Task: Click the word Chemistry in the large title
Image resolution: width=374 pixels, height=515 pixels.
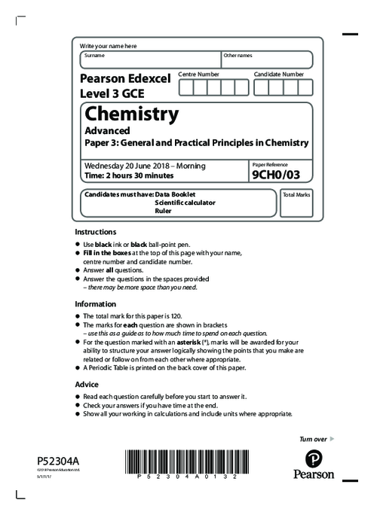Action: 132,114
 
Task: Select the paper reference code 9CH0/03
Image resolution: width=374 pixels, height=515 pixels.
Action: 271,175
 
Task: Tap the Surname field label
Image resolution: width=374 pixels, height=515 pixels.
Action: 95,55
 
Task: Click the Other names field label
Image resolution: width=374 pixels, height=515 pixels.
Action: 238,55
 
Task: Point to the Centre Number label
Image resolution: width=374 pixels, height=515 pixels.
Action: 199,75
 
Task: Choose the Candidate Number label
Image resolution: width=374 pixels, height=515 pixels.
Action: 279,75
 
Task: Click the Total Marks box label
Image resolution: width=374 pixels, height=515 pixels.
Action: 296,194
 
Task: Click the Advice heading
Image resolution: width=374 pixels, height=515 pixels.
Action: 87,383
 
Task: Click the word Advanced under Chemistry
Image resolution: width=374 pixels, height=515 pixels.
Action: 106,130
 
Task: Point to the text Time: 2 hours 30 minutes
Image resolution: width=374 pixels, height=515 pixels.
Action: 129,175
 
